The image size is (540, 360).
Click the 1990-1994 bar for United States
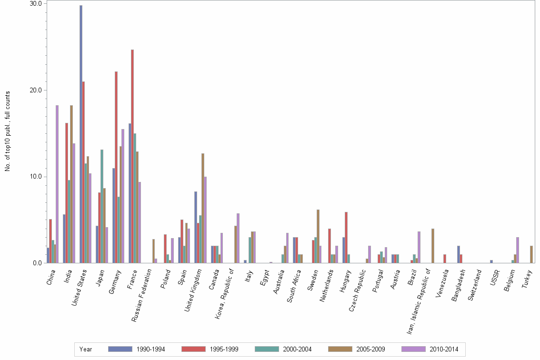[x=81, y=134]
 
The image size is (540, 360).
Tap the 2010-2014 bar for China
[x=57, y=184]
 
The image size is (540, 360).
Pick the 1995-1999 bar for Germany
[x=116, y=167]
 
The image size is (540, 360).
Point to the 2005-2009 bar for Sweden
[x=318, y=236]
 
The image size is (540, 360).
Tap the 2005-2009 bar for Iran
[x=433, y=246]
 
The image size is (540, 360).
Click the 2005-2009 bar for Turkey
[x=531, y=254]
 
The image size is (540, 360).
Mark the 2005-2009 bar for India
[x=71, y=184]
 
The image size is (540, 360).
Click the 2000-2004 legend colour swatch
[x=267, y=349]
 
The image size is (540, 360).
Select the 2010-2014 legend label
[x=443, y=349]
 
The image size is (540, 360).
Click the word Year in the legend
[x=86, y=349]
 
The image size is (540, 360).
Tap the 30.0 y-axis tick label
[x=35, y=3]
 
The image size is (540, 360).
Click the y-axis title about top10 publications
[x=7, y=131]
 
